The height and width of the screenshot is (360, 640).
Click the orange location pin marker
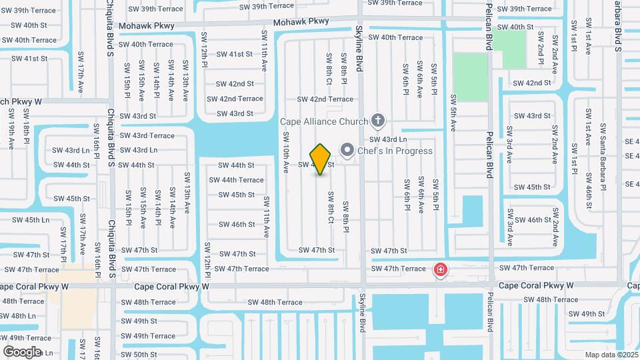pyautogui.click(x=321, y=159)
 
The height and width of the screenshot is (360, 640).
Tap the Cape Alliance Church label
pyautogui.click(x=324, y=121)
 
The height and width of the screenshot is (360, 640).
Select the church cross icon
pyautogui.click(x=378, y=121)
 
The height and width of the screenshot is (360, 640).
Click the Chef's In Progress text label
pyautogui.click(x=395, y=151)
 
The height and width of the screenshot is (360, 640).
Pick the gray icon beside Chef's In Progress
pyautogui.click(x=347, y=150)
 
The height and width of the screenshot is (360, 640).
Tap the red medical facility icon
pyautogui.click(x=440, y=270)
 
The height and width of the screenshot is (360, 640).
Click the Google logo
pyautogui.click(x=22, y=351)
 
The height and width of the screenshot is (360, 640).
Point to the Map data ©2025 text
pyautogui.click(x=611, y=354)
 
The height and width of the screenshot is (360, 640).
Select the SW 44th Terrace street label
pyautogui.click(x=236, y=180)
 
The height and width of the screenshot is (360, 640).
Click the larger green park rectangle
pyautogui.click(x=471, y=77)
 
